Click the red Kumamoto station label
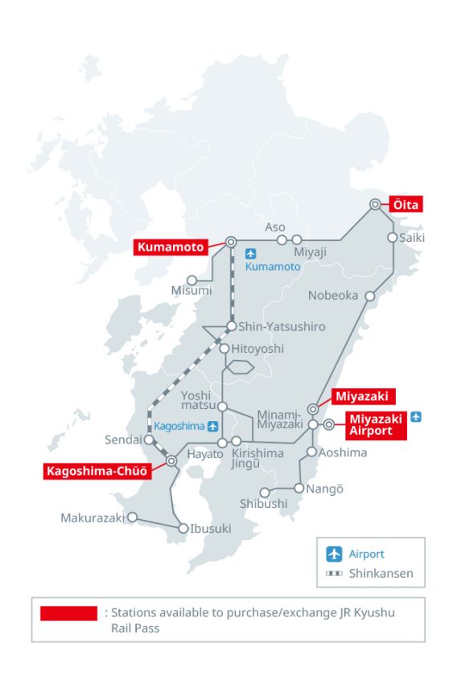[170, 247]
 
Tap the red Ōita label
[407, 204]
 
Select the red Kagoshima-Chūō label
[97, 471]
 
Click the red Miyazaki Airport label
[376, 424]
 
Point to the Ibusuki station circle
[183, 528]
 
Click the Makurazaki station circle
[133, 517]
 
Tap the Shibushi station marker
[264, 493]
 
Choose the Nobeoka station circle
[370, 296]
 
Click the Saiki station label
[411, 238]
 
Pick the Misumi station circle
[192, 280]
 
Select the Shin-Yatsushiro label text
[282, 327]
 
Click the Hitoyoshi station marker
[224, 349]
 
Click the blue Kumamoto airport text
[273, 266]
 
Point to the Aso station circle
[282, 239]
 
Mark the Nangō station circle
[299, 488]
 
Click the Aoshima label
[343, 452]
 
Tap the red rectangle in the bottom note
[69, 614]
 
